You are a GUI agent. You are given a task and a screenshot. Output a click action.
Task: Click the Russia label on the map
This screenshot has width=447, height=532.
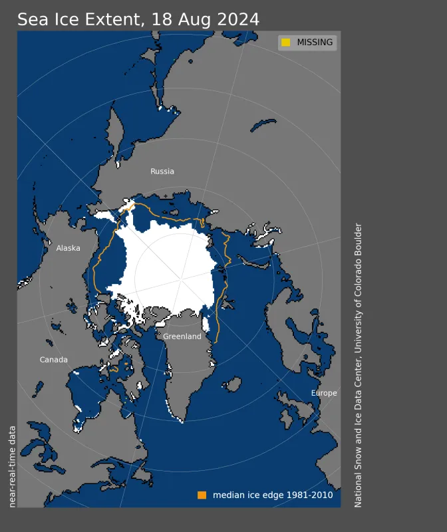pos(162,172)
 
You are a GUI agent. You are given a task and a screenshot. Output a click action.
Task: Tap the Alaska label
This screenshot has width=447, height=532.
pos(68,248)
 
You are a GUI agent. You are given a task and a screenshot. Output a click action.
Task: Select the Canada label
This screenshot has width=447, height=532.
pos(54,360)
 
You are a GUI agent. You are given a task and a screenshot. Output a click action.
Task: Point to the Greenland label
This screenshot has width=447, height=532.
pos(182,336)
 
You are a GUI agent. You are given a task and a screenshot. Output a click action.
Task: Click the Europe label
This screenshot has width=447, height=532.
pos(324,393)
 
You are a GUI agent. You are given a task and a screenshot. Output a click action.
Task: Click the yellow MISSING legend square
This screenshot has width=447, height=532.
pos(286,43)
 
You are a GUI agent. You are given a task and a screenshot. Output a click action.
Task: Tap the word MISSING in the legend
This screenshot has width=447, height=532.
pos(315,43)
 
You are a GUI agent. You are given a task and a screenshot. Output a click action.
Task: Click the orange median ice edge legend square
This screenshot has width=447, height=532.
pos(202,495)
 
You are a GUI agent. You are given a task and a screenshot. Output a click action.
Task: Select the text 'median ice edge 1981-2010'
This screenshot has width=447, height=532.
pos(273,495)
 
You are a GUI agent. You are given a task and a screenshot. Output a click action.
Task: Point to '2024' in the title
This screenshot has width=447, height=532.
pos(236,19)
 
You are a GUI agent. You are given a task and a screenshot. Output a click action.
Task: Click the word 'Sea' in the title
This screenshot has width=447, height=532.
pos(31,19)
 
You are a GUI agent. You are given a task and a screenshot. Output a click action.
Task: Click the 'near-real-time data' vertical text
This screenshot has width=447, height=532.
pos(12,465)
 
